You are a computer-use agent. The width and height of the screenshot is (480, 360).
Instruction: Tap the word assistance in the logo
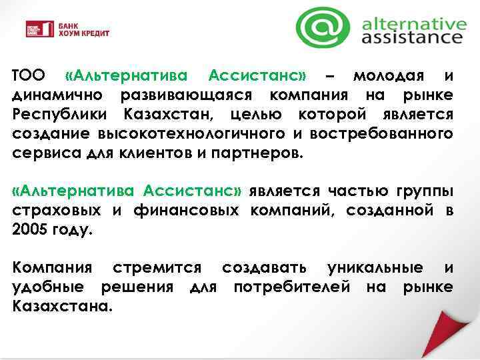411,39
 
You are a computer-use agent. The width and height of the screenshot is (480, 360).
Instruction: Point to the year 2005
30,231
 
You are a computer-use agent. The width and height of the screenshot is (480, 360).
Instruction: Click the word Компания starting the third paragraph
51,268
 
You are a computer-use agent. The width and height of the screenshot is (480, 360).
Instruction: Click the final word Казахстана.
63,308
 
